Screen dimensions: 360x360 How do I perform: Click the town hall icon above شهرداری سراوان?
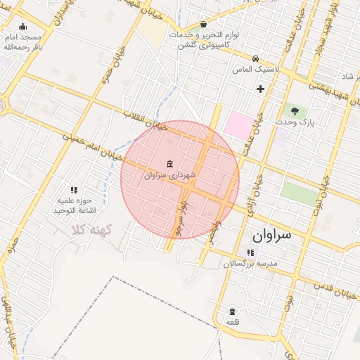coord(172,163)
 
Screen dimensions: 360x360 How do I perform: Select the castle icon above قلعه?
coord(232,311)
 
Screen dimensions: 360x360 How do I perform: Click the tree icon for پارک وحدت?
coord(295,110)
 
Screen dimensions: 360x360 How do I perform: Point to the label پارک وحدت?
coord(293,122)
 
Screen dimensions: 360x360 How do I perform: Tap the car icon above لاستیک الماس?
coord(256,58)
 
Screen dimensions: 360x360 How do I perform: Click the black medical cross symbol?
coord(261,89)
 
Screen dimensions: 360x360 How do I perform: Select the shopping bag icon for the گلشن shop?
coord(203,24)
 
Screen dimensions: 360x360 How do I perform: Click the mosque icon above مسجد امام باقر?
coord(22,27)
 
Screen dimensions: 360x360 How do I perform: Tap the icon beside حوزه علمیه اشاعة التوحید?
coord(74,189)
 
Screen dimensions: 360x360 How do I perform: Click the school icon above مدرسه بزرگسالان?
coord(250,252)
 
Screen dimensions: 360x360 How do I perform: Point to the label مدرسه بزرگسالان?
coord(252,264)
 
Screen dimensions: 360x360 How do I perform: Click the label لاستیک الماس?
coord(257,70)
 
